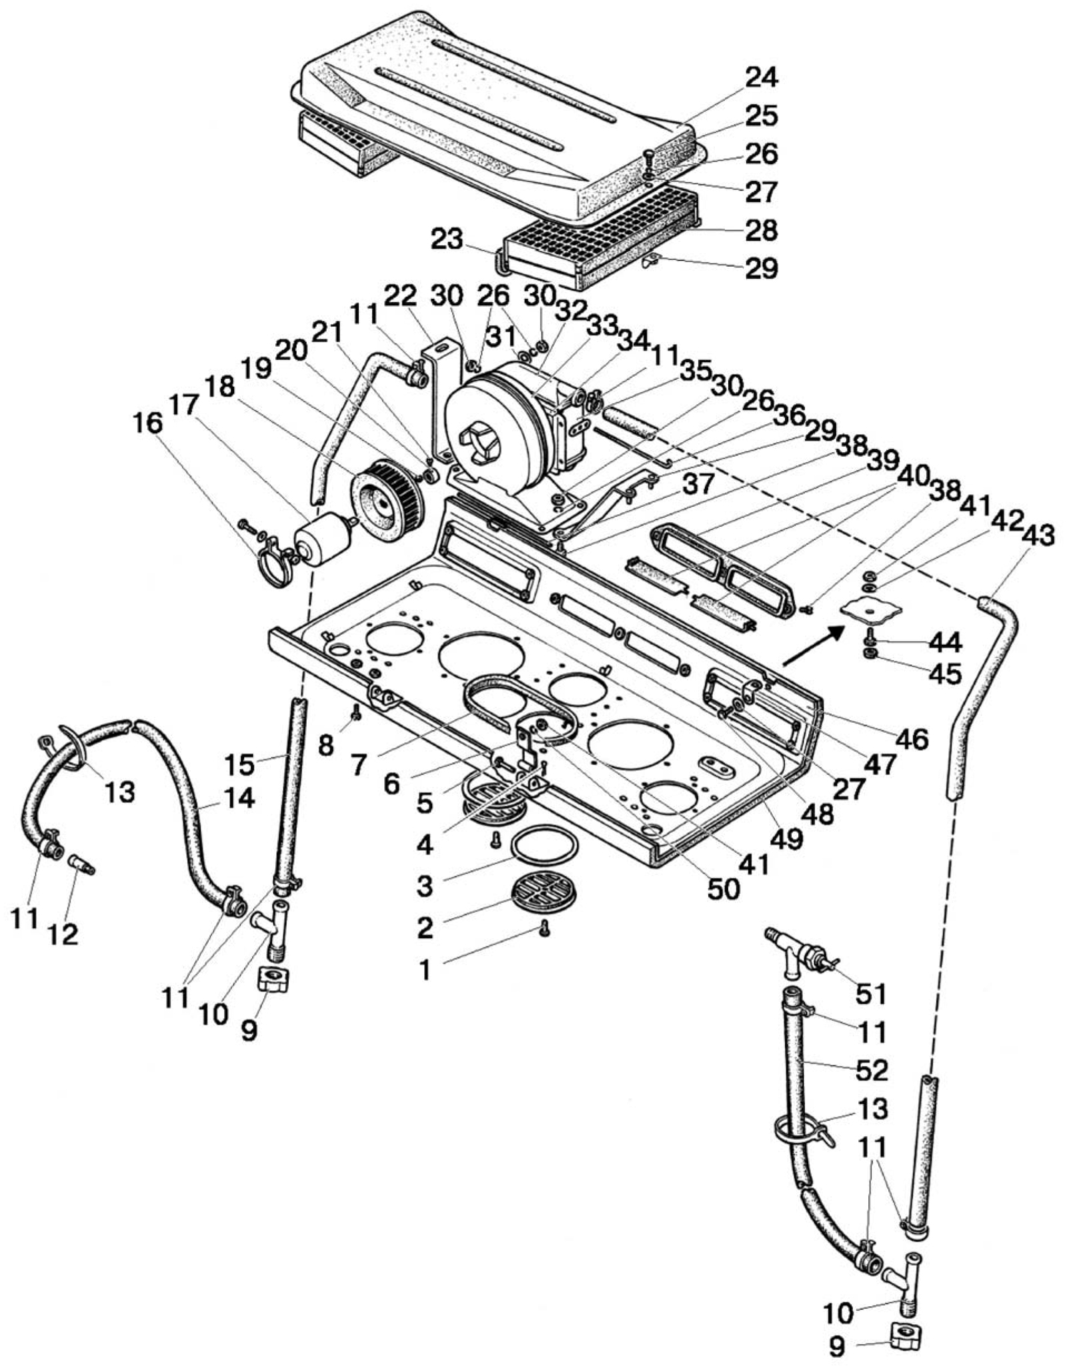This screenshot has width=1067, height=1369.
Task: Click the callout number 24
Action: point(761,77)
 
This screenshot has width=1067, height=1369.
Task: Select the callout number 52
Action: point(871,1070)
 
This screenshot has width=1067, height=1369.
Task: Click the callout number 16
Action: point(153,424)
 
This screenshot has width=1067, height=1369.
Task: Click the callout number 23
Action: point(446,238)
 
